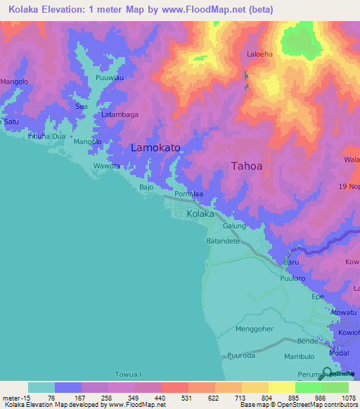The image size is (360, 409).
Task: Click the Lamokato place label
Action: (x=155, y=148)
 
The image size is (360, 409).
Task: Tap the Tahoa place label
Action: (x=247, y=167)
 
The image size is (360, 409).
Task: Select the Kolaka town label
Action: (x=200, y=214)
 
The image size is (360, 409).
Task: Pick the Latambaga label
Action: (x=120, y=115)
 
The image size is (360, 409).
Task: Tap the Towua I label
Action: (x=130, y=375)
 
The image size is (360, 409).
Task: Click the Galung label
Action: (x=234, y=226)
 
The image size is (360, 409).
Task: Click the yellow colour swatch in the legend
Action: (x=255, y=387)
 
